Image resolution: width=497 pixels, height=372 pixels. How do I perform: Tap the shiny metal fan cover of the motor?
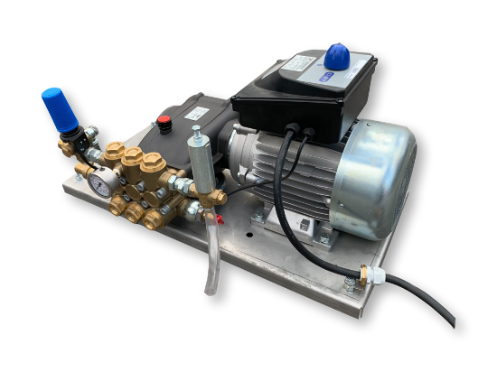376,177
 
